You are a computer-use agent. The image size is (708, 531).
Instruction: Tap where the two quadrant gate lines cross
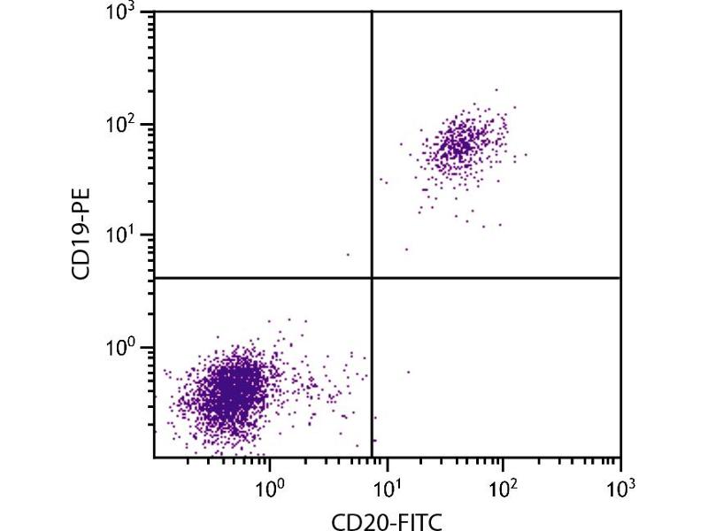coord(371,278)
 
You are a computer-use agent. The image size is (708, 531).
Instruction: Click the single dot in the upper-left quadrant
coord(348,254)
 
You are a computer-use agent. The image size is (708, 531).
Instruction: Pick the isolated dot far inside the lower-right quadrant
coord(408,372)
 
